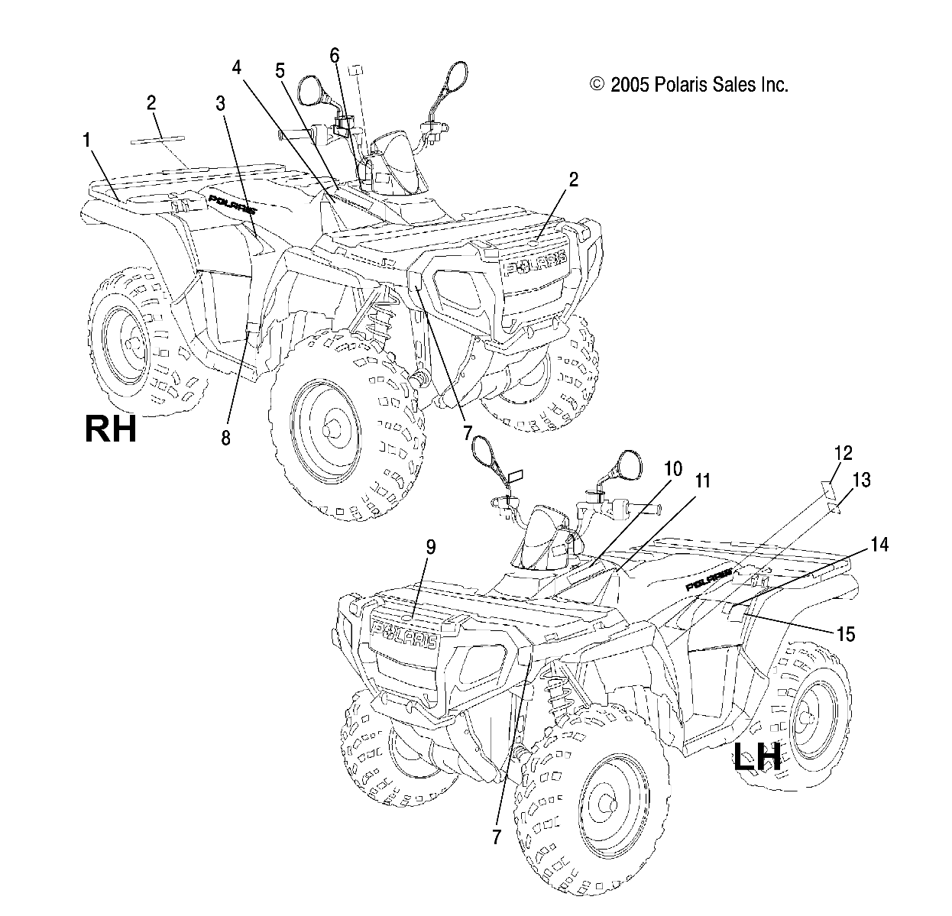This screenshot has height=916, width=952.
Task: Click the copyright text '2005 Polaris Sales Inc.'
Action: click(x=689, y=84)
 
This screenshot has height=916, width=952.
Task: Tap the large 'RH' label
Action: click(x=111, y=429)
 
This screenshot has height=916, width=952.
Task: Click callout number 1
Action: click(x=87, y=140)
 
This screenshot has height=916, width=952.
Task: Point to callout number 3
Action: click(x=221, y=104)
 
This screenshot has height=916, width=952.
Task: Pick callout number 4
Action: click(x=237, y=67)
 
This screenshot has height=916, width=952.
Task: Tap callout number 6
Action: click(x=334, y=55)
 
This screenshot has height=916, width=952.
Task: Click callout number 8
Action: click(x=226, y=438)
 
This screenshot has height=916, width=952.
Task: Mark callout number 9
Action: click(x=431, y=546)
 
